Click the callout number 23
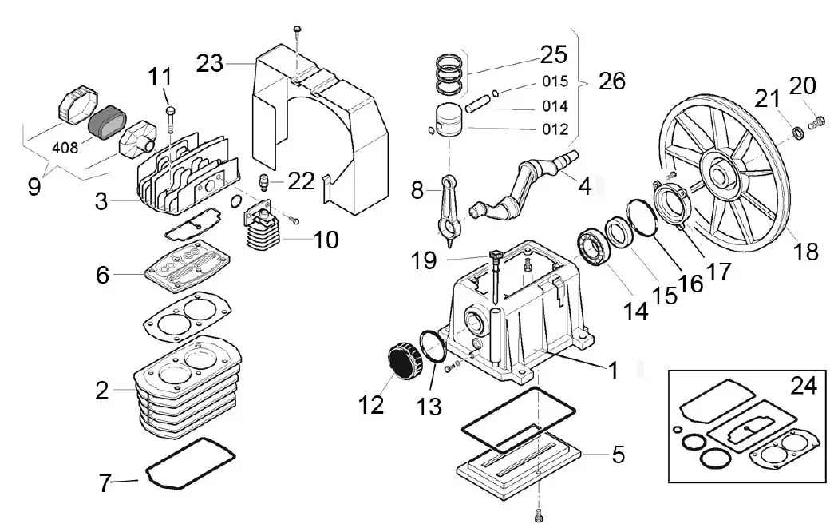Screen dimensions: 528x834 (x=211, y=62)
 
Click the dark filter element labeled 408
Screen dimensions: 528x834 (x=105, y=122)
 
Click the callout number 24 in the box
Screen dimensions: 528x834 (x=804, y=387)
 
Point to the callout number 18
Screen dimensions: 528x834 (x=806, y=252)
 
